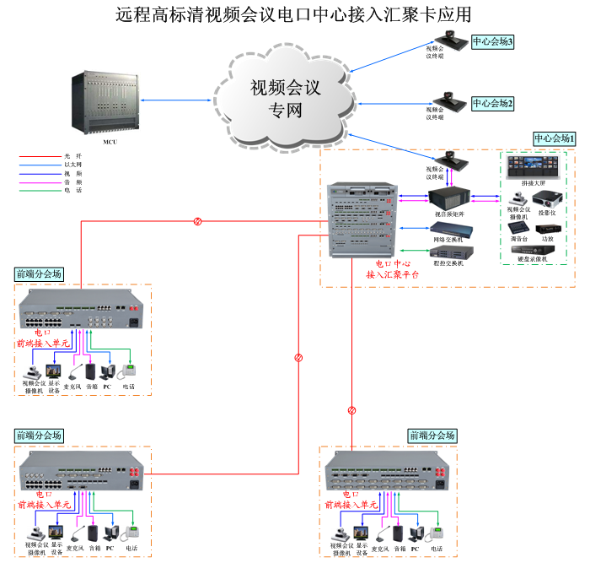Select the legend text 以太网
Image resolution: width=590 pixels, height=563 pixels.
73,165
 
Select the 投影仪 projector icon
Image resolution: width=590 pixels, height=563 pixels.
548,199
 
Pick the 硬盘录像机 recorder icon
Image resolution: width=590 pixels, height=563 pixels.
533,252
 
